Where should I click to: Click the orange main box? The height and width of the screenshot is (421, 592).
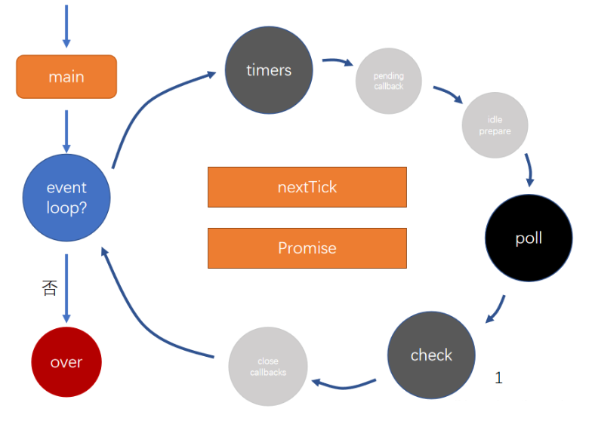tap(66, 77)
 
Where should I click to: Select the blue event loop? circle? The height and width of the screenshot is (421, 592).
tap(66, 198)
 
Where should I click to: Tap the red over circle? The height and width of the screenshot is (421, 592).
tap(66, 362)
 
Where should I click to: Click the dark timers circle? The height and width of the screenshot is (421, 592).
tap(269, 70)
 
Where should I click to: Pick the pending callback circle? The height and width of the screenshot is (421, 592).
tap(388, 81)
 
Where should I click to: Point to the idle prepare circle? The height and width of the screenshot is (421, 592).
tap(495, 126)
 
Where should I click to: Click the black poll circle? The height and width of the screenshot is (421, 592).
tap(529, 239)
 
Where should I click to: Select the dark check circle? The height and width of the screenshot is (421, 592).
tap(431, 355)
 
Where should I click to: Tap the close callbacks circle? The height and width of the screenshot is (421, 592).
tap(268, 367)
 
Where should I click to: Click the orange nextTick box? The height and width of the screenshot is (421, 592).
tap(307, 187)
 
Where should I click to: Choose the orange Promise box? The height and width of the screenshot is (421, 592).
tap(307, 248)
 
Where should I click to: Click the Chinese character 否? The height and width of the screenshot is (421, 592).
tap(49, 288)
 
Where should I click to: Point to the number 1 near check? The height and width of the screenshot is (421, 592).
tap(498, 378)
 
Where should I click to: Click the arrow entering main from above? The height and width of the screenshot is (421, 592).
tap(66, 26)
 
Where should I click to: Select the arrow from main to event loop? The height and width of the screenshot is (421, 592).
tap(66, 130)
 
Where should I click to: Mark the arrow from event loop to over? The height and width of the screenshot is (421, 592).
tap(66, 290)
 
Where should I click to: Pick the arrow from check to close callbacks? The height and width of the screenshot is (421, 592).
tap(344, 384)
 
